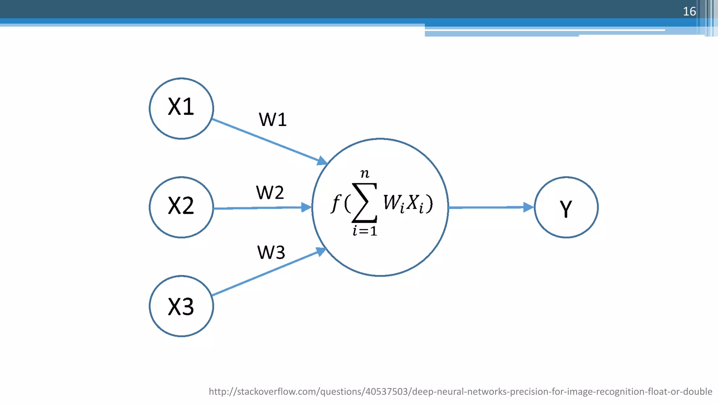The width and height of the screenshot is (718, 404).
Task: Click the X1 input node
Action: point(181,108)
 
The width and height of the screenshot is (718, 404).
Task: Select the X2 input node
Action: point(181,207)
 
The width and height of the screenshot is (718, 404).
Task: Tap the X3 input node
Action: point(181,306)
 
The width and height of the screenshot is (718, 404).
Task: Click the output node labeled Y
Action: point(566,207)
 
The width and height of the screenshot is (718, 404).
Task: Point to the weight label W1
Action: point(273,120)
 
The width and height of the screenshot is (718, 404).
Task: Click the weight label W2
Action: point(270,193)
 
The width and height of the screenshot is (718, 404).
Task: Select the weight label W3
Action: point(271,252)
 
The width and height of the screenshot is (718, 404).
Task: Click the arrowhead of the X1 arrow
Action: point(322,161)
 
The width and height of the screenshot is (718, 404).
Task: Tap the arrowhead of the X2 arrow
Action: point(306,207)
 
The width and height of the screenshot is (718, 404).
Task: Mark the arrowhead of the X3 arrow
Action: point(321,251)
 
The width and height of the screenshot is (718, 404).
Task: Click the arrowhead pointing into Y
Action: point(528,207)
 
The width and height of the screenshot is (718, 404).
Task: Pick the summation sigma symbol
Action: point(365,203)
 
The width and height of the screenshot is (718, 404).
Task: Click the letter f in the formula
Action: point(336,203)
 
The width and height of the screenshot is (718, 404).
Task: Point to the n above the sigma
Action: point(365,173)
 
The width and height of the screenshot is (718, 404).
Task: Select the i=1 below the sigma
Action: point(365,231)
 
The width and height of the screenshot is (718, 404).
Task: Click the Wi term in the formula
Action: point(394,203)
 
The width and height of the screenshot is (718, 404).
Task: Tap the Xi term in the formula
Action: point(416,203)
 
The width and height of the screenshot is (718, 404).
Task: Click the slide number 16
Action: point(689,11)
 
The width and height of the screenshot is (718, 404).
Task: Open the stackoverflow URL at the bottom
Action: point(460,391)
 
